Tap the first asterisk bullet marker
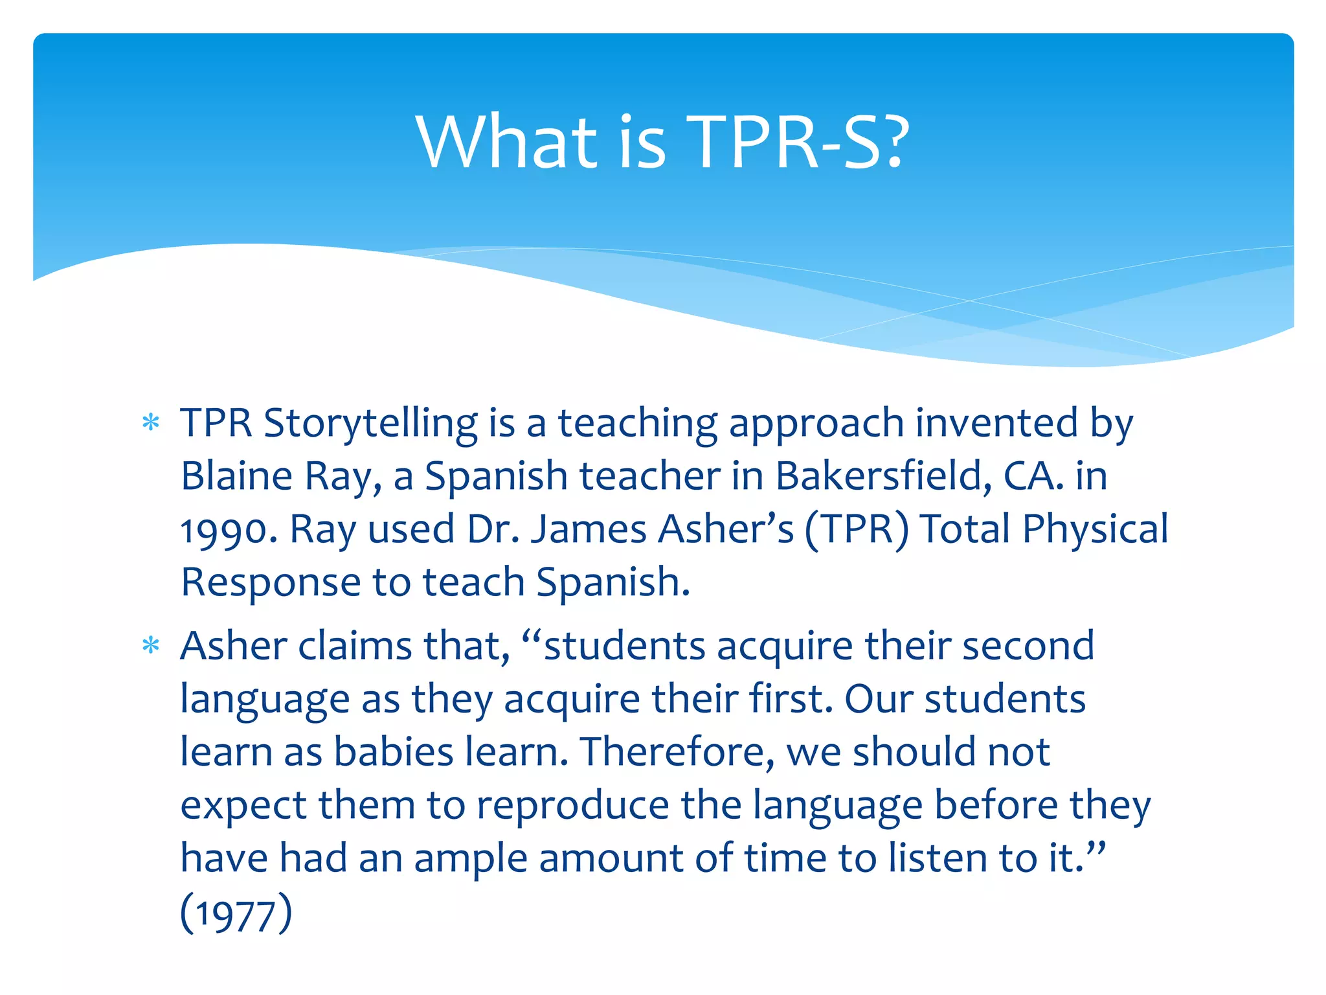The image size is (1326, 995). [151, 423]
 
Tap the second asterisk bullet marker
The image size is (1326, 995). [151, 646]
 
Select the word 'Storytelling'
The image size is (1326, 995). [370, 424]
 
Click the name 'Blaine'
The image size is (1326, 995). [236, 476]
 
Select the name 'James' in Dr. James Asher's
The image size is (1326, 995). [588, 529]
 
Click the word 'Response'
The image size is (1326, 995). [270, 582]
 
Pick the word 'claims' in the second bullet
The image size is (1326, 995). [354, 646]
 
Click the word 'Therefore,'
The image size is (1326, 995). [677, 752]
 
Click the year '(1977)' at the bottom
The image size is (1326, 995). [236, 913]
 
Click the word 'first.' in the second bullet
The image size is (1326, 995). [791, 699]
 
